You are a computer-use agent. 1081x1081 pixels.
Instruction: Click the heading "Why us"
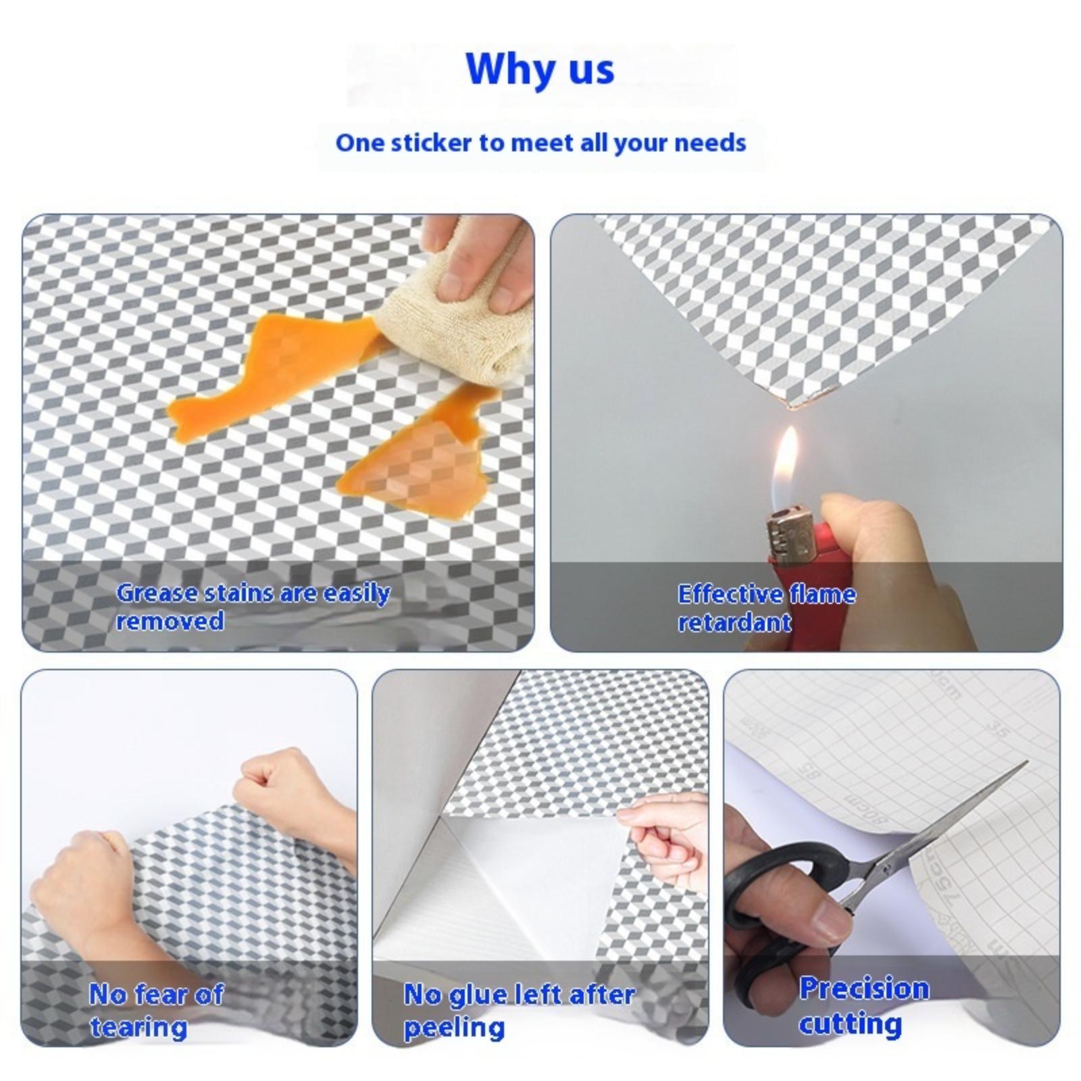[x=540, y=68]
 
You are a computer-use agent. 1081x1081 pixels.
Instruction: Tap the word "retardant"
[x=734, y=622]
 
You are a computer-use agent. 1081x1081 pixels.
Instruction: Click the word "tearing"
[x=139, y=1027]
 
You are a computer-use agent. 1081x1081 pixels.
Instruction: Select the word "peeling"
[x=454, y=1028]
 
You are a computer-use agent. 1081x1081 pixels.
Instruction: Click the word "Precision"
[x=864, y=988]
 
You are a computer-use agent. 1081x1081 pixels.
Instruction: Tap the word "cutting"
[x=850, y=1024]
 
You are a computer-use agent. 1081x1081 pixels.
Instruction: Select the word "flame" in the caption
[x=822, y=594]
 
